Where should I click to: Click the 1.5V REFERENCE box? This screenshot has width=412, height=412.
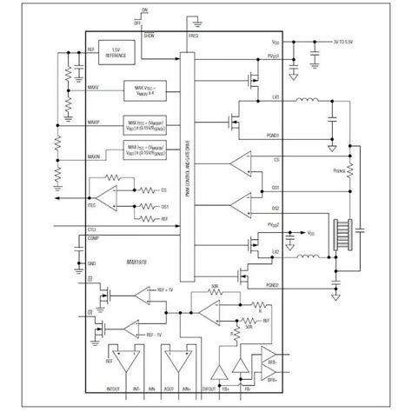116,54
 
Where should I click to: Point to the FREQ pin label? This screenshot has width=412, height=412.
192,37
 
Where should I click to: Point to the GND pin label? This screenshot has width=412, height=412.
91,260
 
